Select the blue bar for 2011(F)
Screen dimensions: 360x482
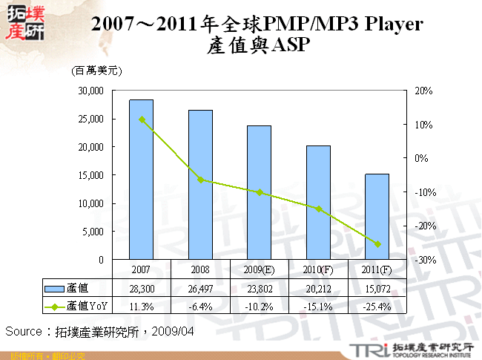[377, 217]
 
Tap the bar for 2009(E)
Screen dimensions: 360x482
[259, 192]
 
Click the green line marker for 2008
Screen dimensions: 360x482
[200, 180]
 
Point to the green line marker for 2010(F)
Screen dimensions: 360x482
[318, 209]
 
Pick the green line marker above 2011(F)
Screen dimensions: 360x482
[377, 244]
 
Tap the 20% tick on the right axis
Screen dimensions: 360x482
[417, 91]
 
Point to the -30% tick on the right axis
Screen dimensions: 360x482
[418, 260]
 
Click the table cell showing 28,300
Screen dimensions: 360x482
[142, 288]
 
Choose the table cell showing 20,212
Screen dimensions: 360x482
[318, 288]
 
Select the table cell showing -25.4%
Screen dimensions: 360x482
[377, 305]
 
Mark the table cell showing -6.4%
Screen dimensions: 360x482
[200, 305]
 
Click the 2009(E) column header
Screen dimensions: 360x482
[259, 269]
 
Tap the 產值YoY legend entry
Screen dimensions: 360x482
[74, 305]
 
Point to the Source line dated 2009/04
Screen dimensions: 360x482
[100, 330]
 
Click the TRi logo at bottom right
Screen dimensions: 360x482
[363, 349]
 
